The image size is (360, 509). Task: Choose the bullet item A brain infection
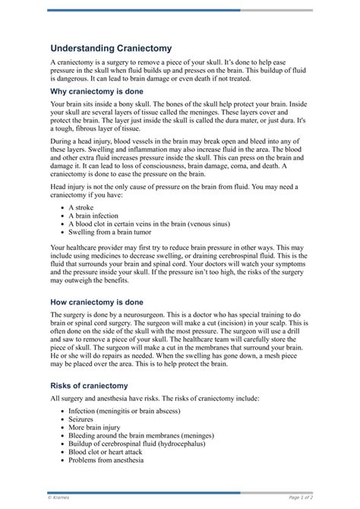tap(99, 216)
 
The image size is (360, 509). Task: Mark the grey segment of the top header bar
tap(276, 10)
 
